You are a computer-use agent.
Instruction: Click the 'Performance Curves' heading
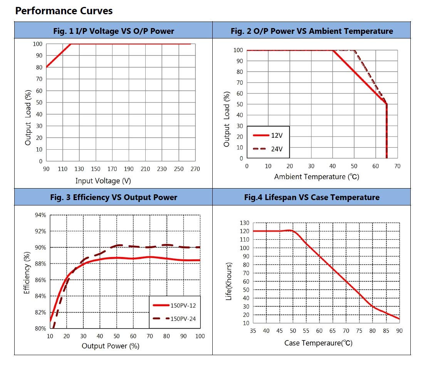pos(64,11)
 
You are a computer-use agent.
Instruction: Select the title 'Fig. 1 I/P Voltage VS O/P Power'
pos(113,31)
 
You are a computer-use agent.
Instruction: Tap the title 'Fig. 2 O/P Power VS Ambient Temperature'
pos(312,31)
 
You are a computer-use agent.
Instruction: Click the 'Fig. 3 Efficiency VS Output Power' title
pos(113,197)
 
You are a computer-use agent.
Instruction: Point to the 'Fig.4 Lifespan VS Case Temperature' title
pos(312,197)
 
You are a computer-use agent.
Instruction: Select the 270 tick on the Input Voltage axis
pos(195,169)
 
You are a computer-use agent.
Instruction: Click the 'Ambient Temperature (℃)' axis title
pos(316,177)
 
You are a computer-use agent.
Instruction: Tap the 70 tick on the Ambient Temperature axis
pos(397,166)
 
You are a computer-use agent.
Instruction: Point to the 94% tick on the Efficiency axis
pos(41,215)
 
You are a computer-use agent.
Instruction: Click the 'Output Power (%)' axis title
pos(111,346)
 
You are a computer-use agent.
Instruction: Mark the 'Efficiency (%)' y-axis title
pos(27,273)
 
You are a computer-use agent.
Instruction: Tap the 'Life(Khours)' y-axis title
pos(229,281)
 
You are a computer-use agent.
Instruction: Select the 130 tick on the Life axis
pos(245,223)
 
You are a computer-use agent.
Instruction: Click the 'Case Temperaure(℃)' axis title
pos(318,343)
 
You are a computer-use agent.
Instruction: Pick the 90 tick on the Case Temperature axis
pos(399,331)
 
